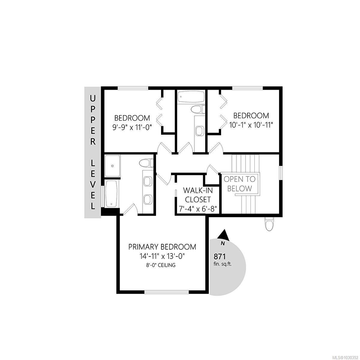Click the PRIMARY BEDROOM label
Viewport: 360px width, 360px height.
[162, 247]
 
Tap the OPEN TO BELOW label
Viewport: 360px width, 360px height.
[240, 184]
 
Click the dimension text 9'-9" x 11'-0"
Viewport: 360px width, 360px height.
[132, 127]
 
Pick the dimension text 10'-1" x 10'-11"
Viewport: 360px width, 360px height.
[251, 124]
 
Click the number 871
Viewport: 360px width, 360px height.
[219, 256]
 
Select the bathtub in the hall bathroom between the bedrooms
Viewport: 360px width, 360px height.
[191, 97]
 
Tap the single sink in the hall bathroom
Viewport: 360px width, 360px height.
[199, 131]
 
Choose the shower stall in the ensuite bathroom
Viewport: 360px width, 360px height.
[112, 166]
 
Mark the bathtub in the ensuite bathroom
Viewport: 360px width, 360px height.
[111, 193]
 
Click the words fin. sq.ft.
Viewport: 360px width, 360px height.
[223, 264]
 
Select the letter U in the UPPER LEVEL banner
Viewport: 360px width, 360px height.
[93, 98]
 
